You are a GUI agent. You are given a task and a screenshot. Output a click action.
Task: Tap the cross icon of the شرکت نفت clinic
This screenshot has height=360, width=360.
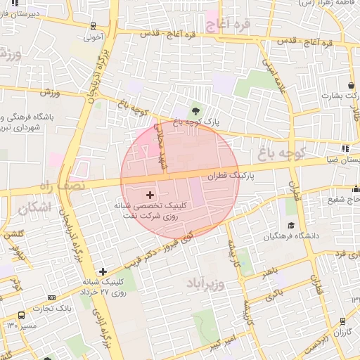point(150,194)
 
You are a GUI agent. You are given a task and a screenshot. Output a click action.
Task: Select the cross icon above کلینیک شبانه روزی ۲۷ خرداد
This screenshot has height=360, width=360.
point(103,271)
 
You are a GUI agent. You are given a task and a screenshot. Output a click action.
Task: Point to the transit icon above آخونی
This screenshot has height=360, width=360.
point(93,26)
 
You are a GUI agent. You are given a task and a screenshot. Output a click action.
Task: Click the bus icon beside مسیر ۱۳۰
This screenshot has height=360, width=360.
point(21,316)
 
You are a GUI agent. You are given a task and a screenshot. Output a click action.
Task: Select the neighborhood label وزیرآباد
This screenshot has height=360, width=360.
point(206,284)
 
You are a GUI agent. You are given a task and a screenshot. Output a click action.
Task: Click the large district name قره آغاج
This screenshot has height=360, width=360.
point(230,26)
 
